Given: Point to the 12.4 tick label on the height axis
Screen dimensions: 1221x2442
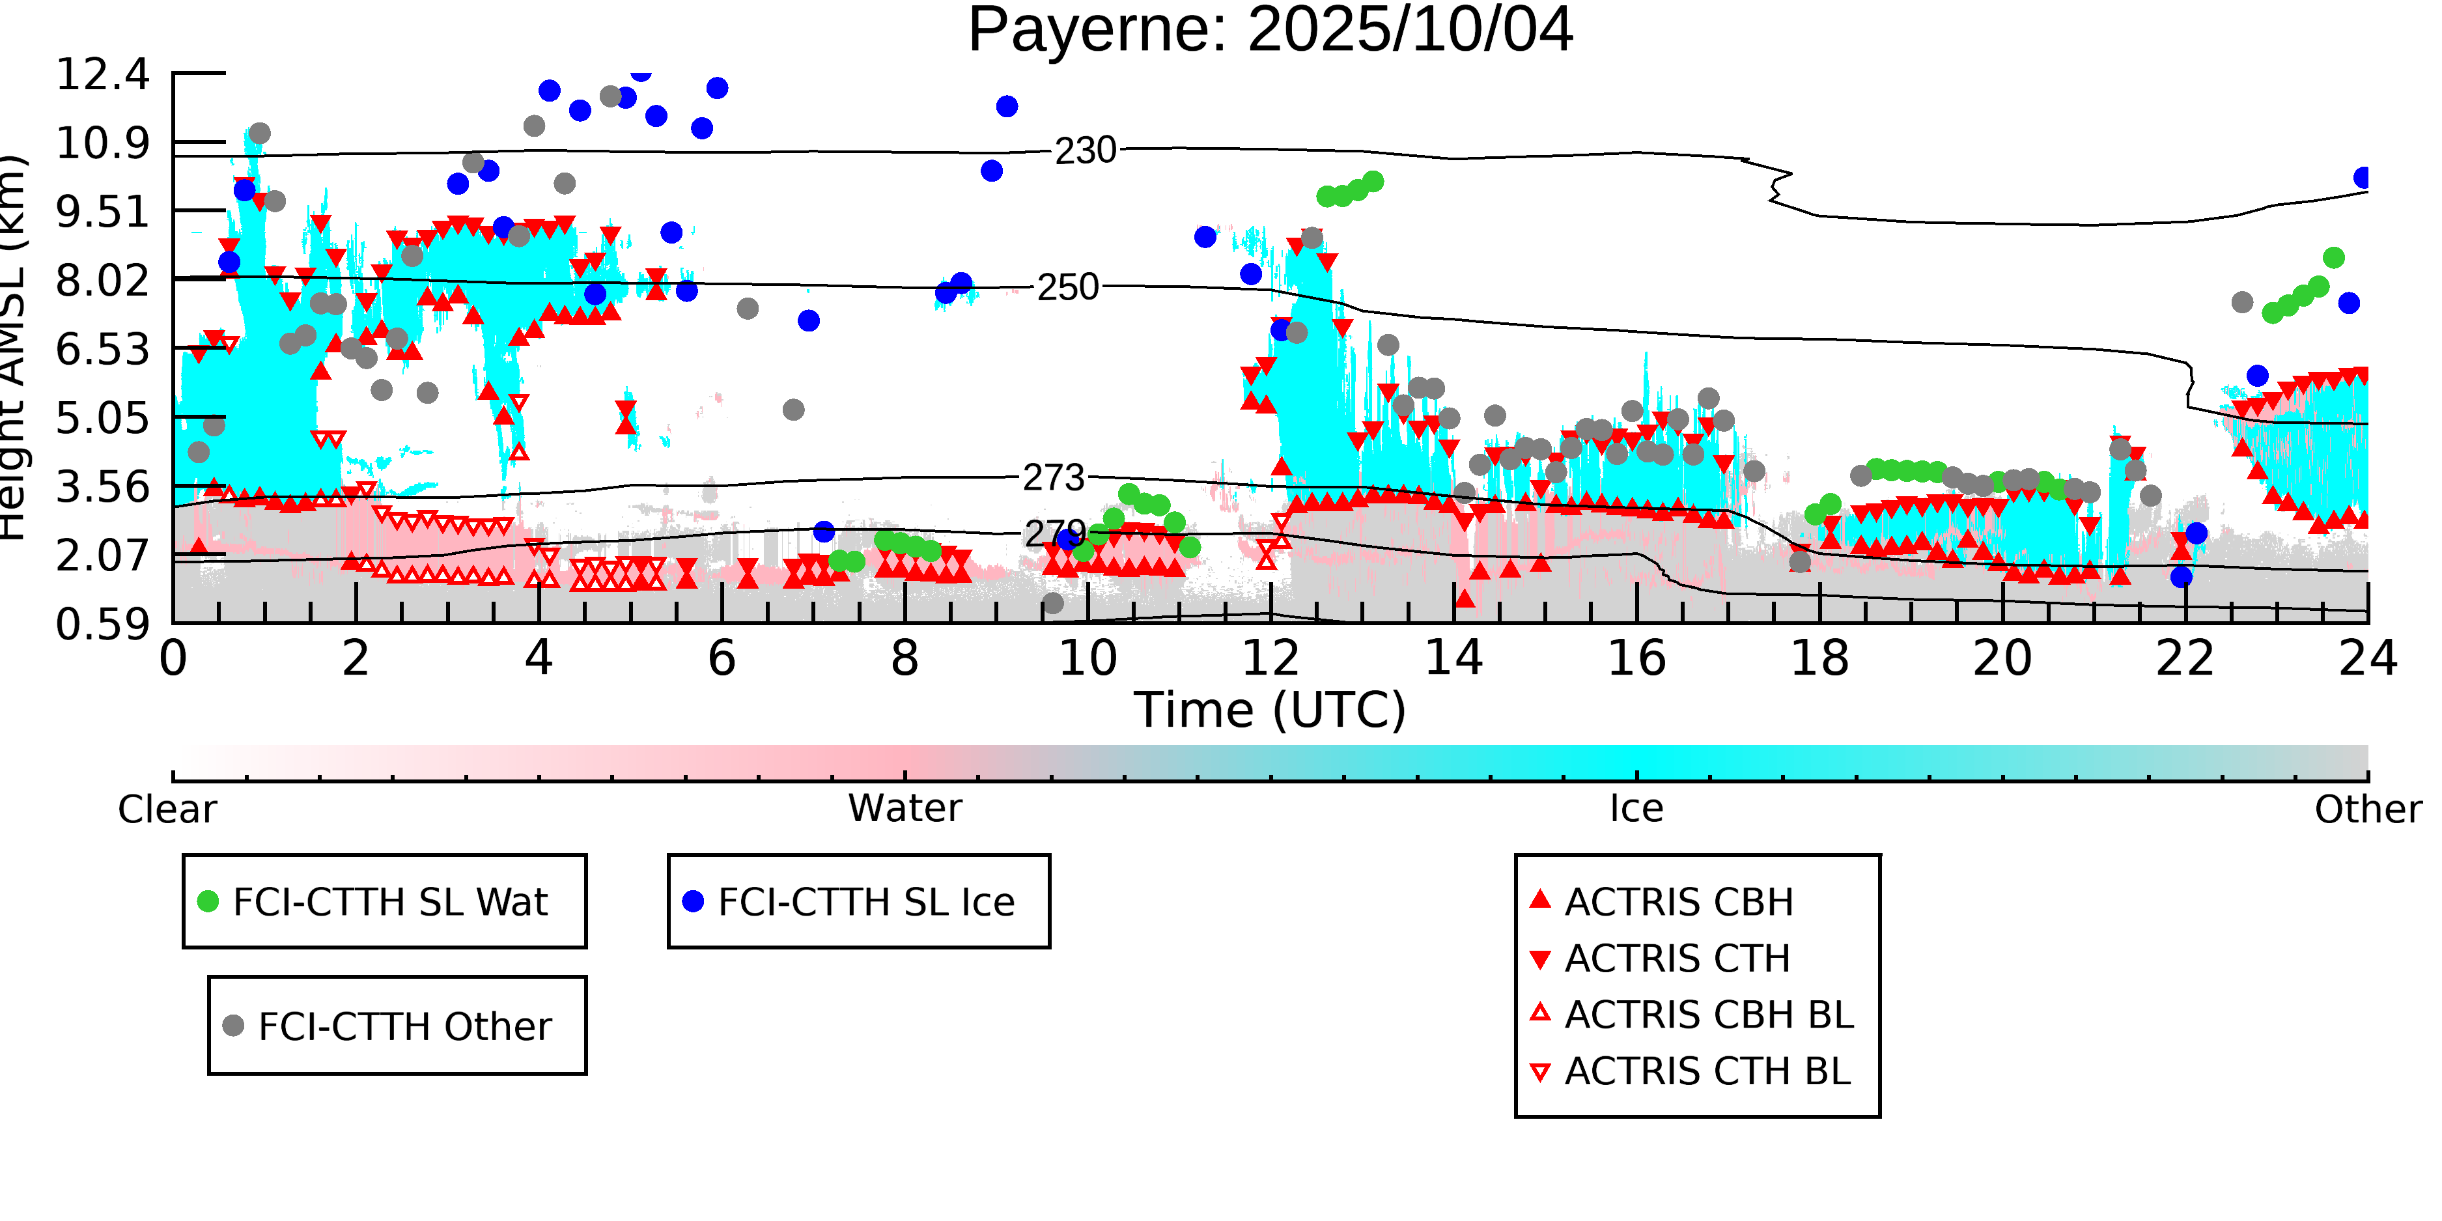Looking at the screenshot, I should click(102, 74).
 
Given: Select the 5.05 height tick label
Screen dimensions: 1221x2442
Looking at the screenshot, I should click(102, 418).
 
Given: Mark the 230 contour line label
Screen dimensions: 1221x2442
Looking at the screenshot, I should click(1086, 150).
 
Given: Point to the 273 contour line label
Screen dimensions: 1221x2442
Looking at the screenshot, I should click(1053, 478).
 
